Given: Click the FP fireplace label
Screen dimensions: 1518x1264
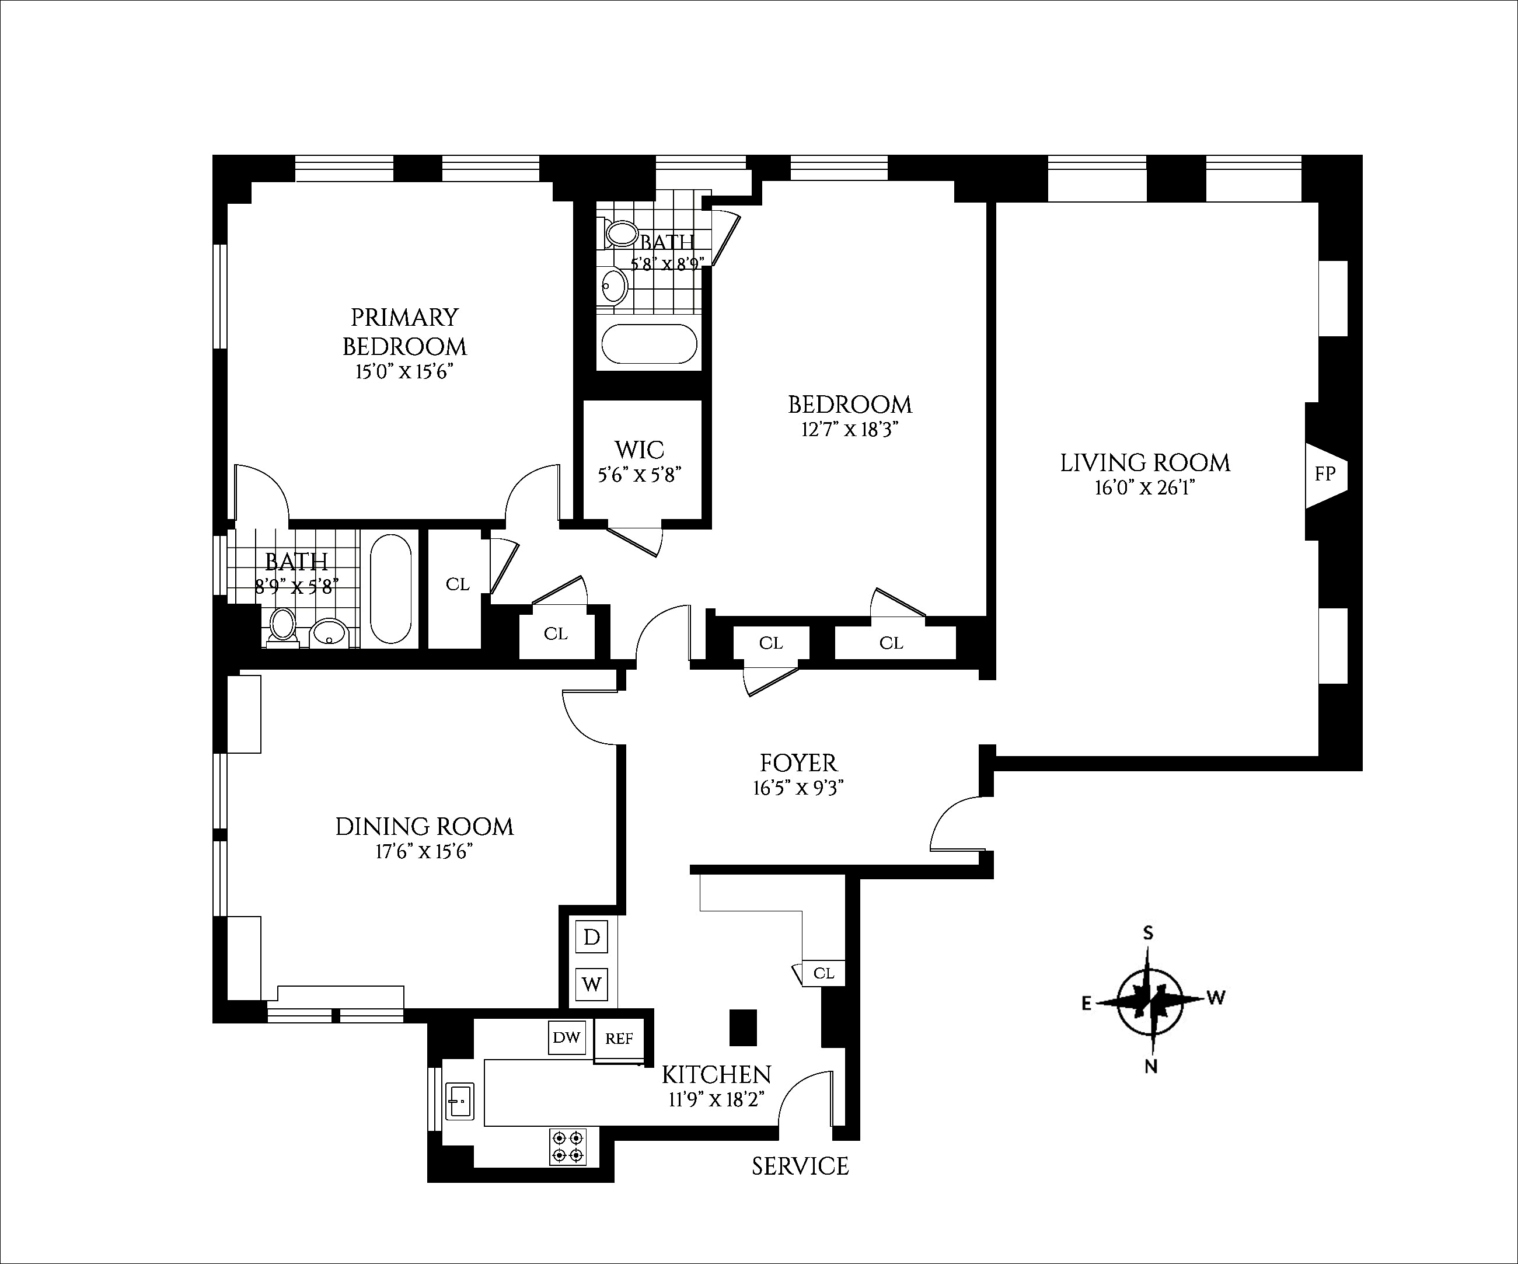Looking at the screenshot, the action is pos(1325,473).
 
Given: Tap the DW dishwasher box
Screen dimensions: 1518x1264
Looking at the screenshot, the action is pos(567,1037).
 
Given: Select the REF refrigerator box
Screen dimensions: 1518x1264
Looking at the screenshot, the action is pos(619,1039).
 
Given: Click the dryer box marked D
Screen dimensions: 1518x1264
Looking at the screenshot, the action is pos(591,938).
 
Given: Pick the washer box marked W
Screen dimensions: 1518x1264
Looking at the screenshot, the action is pos(591,984).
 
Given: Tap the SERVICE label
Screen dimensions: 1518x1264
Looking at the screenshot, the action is pos(800,1166).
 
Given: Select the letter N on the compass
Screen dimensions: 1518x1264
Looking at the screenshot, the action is pos(1151,1067).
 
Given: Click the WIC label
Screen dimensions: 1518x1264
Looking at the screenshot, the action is pos(640,450).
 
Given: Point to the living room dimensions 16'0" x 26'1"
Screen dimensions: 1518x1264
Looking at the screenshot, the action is pos(1145,488).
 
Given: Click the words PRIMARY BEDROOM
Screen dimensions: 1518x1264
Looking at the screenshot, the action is pos(405,332).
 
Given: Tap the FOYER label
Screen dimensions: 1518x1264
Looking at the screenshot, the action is pos(799,763).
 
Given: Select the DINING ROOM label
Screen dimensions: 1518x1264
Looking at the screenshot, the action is pos(424,827).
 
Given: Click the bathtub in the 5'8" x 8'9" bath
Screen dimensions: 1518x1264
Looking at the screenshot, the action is pos(650,343).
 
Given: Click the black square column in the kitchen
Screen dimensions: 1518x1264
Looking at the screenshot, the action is pos(742,1027).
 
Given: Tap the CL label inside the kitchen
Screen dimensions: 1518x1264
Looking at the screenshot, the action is pos(823,973).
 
